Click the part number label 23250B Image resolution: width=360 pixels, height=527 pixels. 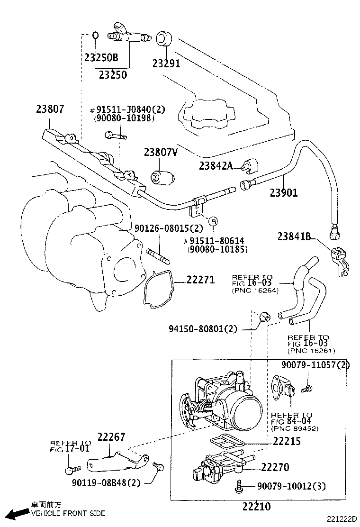(x=101, y=58)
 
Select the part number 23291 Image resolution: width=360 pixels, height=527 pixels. (x=166, y=63)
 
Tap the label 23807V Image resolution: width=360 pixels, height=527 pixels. (x=161, y=152)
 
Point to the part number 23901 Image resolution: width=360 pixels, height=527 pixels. (x=284, y=192)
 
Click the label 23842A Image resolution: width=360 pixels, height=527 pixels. (x=216, y=165)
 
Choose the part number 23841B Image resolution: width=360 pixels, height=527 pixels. (x=294, y=236)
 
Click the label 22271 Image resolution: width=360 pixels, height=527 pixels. (x=200, y=280)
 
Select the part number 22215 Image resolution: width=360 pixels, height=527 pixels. (x=287, y=441)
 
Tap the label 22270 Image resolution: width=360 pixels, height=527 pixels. (x=275, y=467)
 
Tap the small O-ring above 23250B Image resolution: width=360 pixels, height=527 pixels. (x=95, y=35)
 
